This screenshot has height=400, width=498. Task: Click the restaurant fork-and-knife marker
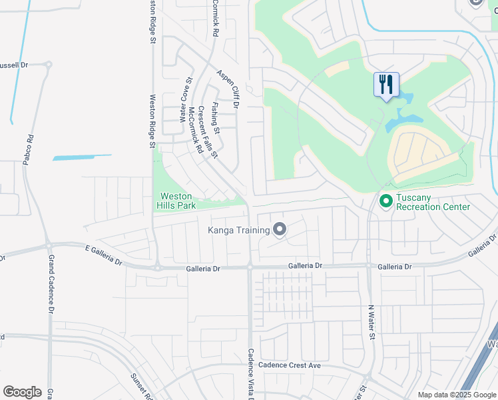(386, 85)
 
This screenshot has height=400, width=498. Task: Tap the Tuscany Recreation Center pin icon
(385, 200)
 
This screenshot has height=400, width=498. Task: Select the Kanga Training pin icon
(280, 231)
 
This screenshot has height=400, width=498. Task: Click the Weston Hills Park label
(176, 201)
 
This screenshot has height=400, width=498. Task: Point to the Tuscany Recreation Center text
(433, 202)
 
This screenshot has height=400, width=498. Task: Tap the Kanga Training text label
(238, 231)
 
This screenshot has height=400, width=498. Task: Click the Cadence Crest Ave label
(290, 365)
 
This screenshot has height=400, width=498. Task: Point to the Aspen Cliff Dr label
(228, 91)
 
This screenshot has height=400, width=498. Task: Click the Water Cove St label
(184, 101)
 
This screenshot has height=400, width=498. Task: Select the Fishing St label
(215, 115)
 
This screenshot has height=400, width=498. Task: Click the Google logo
(22, 392)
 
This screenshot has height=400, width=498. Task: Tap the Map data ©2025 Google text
(456, 395)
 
